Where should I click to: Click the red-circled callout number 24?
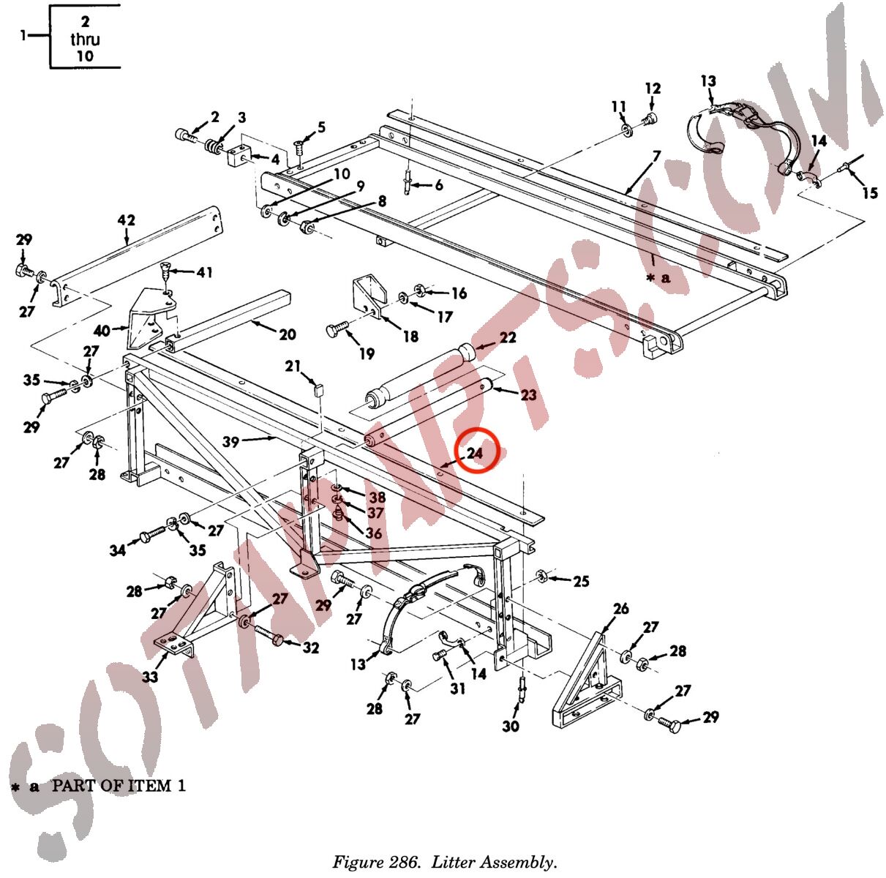coord(475,454)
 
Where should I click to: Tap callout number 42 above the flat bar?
coord(127,220)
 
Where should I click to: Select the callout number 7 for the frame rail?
coord(656,157)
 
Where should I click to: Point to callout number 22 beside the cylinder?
coord(508,337)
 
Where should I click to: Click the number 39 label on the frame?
coord(230,442)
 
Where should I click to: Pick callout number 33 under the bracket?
coord(150,677)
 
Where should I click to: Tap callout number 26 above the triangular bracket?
coord(620,609)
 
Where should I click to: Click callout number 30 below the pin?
coord(511,726)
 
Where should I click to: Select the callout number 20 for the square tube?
coord(288,334)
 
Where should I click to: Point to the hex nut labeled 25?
coord(541,575)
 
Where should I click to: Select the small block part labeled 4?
coord(239,155)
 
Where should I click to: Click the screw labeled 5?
coord(299,148)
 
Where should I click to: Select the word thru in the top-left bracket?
coord(85,39)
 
